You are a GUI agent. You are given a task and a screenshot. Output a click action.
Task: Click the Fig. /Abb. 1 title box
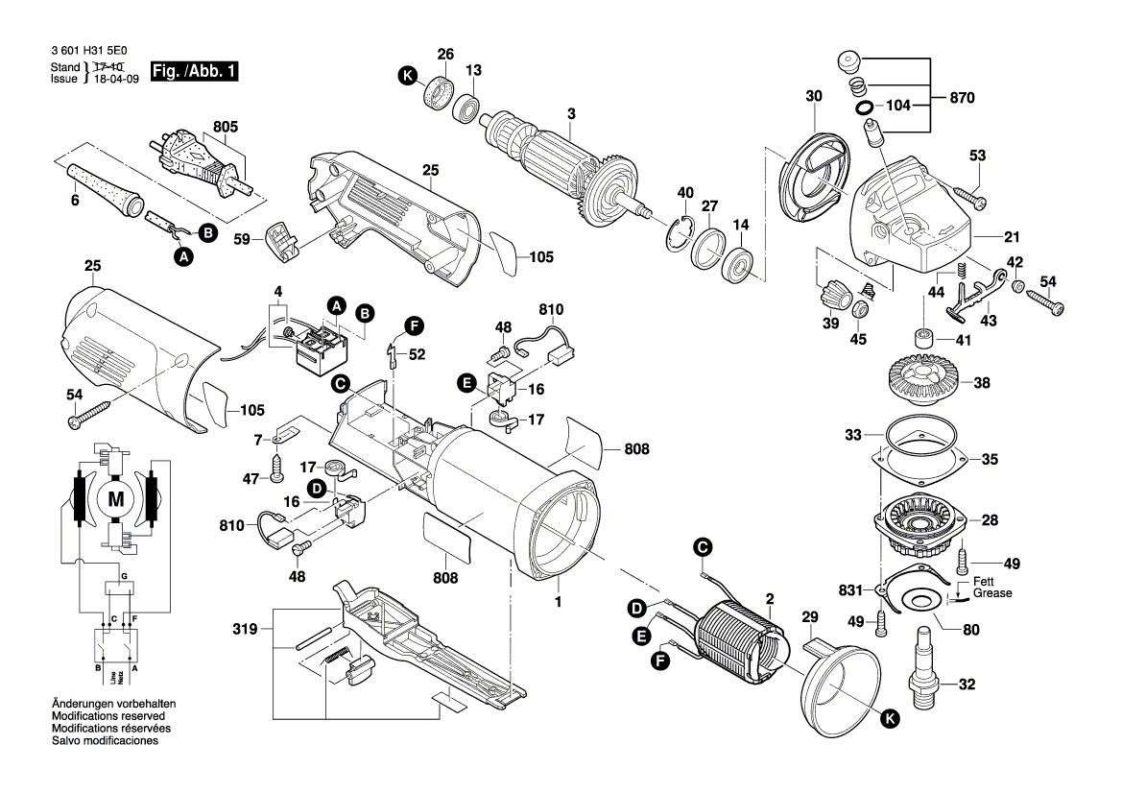tap(196, 72)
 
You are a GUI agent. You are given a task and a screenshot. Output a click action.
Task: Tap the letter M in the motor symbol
tap(116, 498)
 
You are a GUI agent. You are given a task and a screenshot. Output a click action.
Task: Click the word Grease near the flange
tap(991, 594)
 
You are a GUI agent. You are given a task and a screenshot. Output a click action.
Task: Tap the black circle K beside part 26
tap(408, 84)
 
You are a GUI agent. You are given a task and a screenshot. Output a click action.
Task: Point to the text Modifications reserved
tap(107, 717)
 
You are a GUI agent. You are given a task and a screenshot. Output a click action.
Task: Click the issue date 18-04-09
tap(115, 79)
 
